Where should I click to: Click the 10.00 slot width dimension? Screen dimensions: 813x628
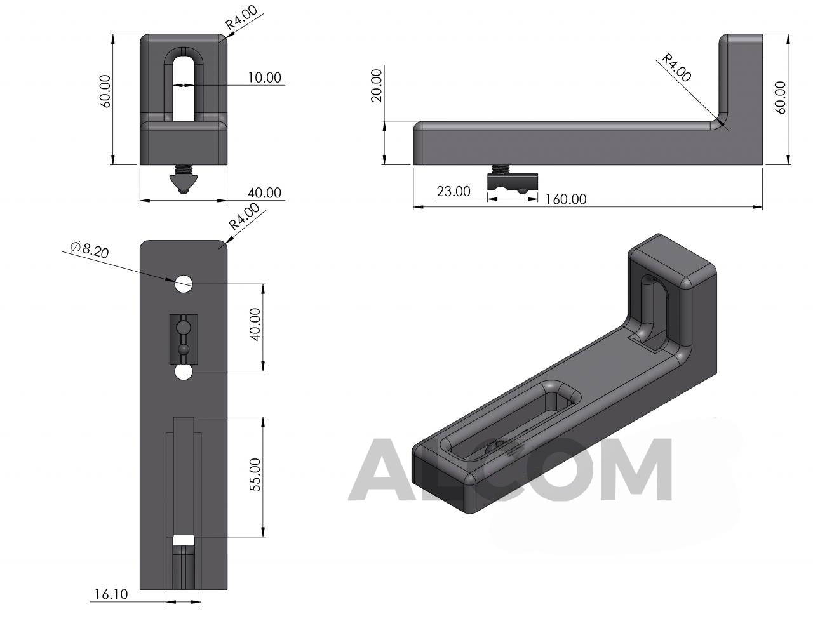264,77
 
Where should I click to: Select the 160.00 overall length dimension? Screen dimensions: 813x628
565,199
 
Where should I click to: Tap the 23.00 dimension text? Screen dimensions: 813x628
454,192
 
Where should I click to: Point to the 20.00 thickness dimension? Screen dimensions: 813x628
377,85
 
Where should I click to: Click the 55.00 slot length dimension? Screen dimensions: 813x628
255,474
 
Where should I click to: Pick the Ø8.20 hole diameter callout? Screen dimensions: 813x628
90,250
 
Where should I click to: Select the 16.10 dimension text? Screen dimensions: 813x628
111,594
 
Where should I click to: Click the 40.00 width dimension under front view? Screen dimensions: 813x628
264,192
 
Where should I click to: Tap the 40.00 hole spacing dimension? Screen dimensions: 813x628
255,324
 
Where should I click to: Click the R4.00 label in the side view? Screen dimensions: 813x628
676,68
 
